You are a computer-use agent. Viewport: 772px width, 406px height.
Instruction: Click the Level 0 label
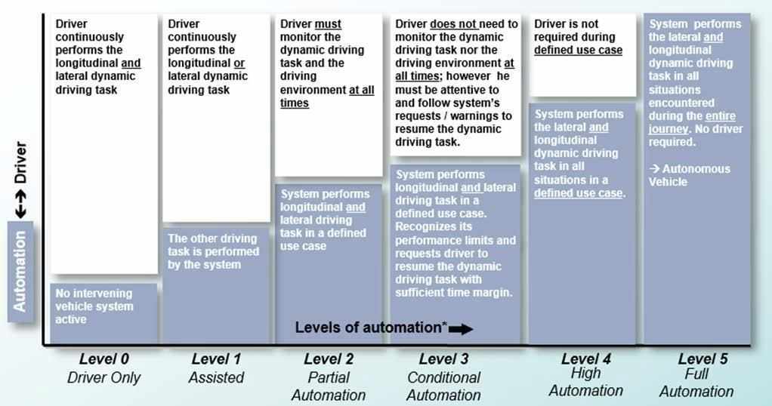pos(103,359)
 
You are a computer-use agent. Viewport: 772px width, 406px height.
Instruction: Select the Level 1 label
pos(216,359)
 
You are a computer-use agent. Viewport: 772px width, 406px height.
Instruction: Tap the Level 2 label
pos(329,359)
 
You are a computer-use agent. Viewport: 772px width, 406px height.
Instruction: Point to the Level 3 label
pos(443,359)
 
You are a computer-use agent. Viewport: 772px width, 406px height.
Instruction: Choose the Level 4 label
pos(585,358)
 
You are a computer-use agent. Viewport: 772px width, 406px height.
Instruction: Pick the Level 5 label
pos(703,358)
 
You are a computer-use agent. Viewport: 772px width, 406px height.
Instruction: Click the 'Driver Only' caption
pos(103,377)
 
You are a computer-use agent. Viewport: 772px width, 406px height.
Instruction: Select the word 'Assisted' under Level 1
pos(216,377)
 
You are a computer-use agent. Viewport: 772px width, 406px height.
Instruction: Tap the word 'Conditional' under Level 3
pos(443,377)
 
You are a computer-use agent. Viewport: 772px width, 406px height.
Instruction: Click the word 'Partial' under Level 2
pos(329,377)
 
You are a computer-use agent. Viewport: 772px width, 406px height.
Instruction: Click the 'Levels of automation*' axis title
pos(370,328)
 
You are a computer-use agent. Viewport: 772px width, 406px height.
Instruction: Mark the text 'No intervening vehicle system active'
pos(94,306)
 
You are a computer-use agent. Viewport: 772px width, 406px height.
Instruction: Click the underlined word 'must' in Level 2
pos(328,23)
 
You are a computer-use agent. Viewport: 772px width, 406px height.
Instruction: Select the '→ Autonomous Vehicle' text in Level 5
pos(689,175)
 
